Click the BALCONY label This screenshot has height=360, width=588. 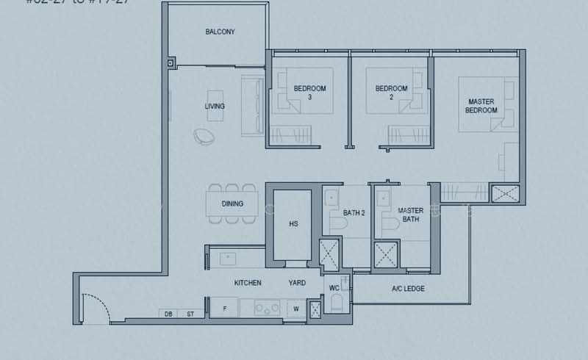coord(220,32)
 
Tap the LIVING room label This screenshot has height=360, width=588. coord(215,107)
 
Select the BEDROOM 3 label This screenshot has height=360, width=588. coord(309,93)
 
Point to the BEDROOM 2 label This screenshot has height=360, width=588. coord(391,93)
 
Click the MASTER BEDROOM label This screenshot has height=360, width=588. coord(481,106)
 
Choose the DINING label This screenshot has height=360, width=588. coord(232,204)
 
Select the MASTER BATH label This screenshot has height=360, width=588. coord(410,215)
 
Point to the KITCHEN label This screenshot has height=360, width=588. coord(248,283)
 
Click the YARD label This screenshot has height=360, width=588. coord(297,283)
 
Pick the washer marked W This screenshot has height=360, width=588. coord(295,309)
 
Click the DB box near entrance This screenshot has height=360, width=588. coord(168,314)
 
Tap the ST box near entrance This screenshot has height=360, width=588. coord(190,314)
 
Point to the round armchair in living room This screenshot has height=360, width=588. coord(204,136)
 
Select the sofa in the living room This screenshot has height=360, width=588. coord(254,105)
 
